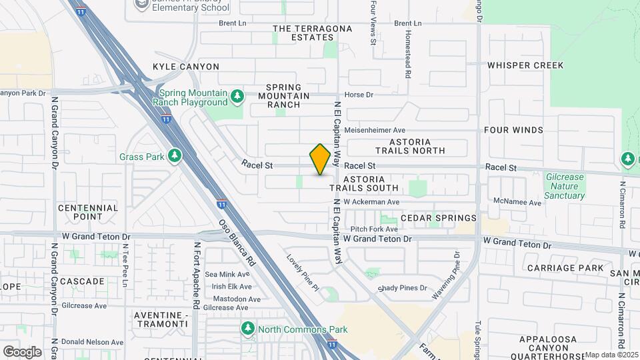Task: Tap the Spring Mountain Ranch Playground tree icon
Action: [237, 97]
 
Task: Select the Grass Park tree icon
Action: [175, 155]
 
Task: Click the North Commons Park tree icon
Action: [248, 329]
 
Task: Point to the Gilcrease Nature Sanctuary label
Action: [564, 187]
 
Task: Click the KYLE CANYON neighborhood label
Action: [185, 67]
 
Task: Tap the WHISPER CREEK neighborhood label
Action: [525, 65]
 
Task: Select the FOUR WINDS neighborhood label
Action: [513, 130]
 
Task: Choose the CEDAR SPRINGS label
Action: [439, 218]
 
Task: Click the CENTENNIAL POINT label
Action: [88, 212]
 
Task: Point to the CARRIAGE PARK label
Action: [565, 268]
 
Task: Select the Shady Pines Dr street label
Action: [402, 288]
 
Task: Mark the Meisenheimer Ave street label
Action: [380, 130]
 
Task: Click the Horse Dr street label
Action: [359, 95]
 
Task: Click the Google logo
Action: [22, 351]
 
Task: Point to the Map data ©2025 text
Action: [611, 355]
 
